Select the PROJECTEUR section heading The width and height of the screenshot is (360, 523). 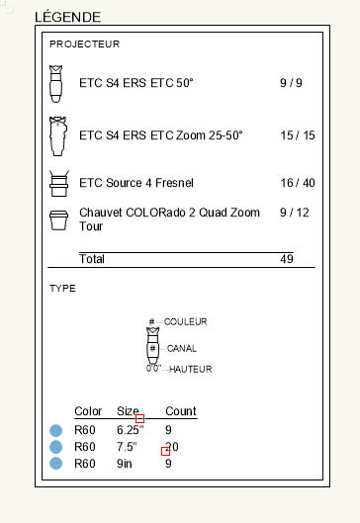click(84, 44)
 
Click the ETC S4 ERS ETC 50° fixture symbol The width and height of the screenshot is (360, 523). click(57, 84)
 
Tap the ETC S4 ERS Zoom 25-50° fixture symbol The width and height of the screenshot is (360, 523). click(58, 135)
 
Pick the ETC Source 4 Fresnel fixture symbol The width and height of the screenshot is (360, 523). click(58, 183)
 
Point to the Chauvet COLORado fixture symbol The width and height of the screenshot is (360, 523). click(58, 218)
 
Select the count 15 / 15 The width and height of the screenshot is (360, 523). click(297, 134)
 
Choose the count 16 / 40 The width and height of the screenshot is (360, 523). click(297, 183)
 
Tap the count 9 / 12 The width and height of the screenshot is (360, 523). click(295, 212)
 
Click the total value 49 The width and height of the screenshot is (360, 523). click(287, 259)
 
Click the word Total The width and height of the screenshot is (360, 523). click(92, 259)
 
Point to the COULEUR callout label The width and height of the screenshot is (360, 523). click(185, 322)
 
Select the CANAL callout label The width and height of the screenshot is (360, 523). click(182, 348)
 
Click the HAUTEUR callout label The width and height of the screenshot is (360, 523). click(191, 369)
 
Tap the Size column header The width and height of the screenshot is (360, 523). click(129, 411)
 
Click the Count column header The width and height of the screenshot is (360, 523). click(180, 411)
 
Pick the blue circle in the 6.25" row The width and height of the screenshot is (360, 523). click(56, 431)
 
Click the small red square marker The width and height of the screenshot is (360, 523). click(166, 451)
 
